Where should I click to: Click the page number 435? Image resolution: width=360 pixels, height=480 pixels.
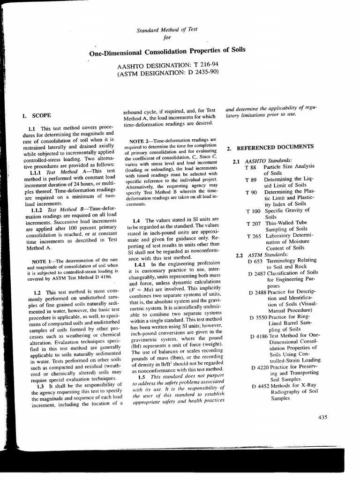[x=322, y=418]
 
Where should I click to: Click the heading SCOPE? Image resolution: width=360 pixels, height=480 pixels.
[x=41, y=115]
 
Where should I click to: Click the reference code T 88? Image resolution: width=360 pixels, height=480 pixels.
[x=251, y=167]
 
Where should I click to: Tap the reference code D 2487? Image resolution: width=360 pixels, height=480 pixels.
[x=258, y=272]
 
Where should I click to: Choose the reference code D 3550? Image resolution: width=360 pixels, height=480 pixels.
[x=259, y=317]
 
